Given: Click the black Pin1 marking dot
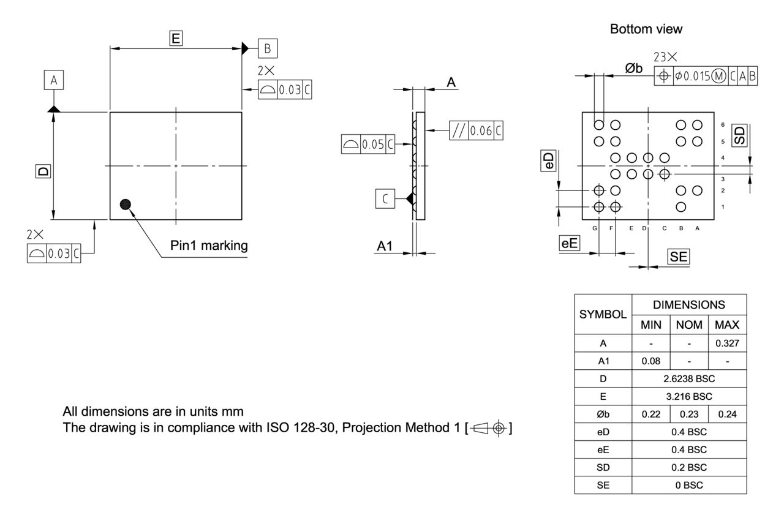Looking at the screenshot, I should tap(126, 205).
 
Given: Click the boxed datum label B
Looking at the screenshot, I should tap(268, 48).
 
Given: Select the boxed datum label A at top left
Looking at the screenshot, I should tap(54, 80).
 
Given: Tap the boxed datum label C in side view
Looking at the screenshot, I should tap(385, 199).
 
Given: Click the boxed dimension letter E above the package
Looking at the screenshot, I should tap(176, 39).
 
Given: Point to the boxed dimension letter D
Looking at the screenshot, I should tap(43, 170).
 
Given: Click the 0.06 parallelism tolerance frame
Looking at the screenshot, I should tap(477, 130).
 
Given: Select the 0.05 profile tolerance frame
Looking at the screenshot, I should tap(368, 145).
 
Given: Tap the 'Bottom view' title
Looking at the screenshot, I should tap(646, 29).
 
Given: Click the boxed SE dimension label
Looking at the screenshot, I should tap(678, 257).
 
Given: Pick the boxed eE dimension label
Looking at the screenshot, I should tap(570, 243).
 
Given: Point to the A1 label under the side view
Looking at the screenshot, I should tap(385, 246).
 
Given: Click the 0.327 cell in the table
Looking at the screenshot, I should tap(727, 343).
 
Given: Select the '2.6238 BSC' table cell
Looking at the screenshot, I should tap(689, 378).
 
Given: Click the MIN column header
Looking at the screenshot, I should tap(650, 325).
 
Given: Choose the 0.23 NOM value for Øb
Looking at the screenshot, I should tap(689, 414).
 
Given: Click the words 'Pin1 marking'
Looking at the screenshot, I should tap(209, 246).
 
